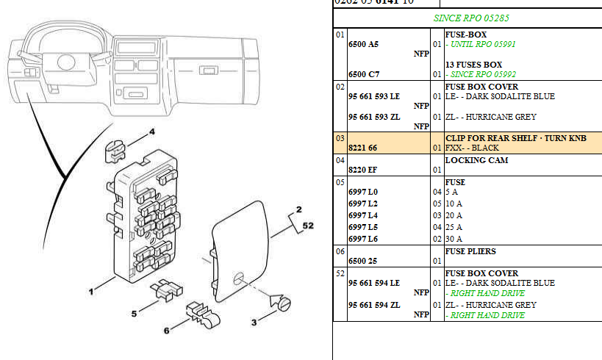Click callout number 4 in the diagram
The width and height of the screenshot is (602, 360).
click(x=153, y=132)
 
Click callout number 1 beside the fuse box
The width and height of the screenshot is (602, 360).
click(x=92, y=292)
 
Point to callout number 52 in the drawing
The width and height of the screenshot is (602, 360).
click(x=308, y=226)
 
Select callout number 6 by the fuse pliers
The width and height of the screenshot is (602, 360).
click(x=167, y=331)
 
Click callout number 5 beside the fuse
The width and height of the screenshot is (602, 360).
click(x=135, y=314)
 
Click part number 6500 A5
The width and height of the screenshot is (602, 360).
click(x=363, y=44)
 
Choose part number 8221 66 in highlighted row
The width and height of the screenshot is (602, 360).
click(x=363, y=148)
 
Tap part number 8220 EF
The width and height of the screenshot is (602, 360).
click(x=362, y=170)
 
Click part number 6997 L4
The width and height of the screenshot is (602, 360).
click(x=362, y=215)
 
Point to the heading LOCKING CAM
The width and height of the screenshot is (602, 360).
click(x=476, y=160)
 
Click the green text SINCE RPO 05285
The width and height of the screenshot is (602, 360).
click(x=467, y=17)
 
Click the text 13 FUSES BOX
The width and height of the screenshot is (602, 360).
click(x=473, y=65)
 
